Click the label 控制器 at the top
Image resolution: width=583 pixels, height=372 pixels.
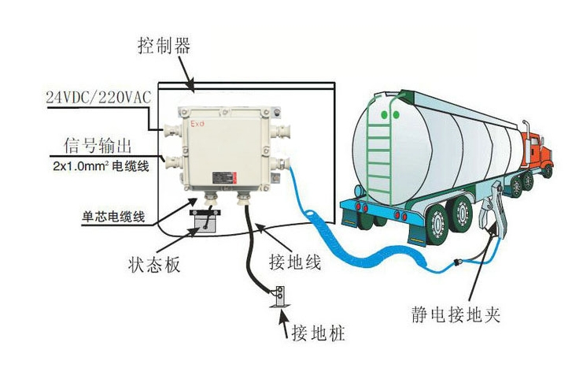point(164,46)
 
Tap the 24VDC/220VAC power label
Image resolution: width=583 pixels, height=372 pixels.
point(98,97)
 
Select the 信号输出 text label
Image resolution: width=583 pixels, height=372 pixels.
point(98,146)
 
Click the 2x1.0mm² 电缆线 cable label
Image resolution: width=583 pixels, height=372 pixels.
point(101,166)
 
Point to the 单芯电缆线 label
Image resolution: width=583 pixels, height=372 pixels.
point(113,217)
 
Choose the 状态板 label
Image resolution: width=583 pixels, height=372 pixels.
point(154,264)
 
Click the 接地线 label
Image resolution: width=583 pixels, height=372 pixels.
point(295,262)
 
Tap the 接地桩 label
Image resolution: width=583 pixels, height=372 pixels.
point(319,333)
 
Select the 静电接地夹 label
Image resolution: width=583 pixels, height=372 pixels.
point(456,315)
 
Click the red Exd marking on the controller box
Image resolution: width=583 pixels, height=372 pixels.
point(197,124)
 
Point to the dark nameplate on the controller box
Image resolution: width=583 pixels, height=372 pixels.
point(224,178)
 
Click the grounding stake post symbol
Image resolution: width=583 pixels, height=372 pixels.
point(279,297)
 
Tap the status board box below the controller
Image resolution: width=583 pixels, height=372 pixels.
point(205,221)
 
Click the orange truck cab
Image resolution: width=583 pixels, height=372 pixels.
point(536,150)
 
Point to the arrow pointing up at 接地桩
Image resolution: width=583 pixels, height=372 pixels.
point(284,323)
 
